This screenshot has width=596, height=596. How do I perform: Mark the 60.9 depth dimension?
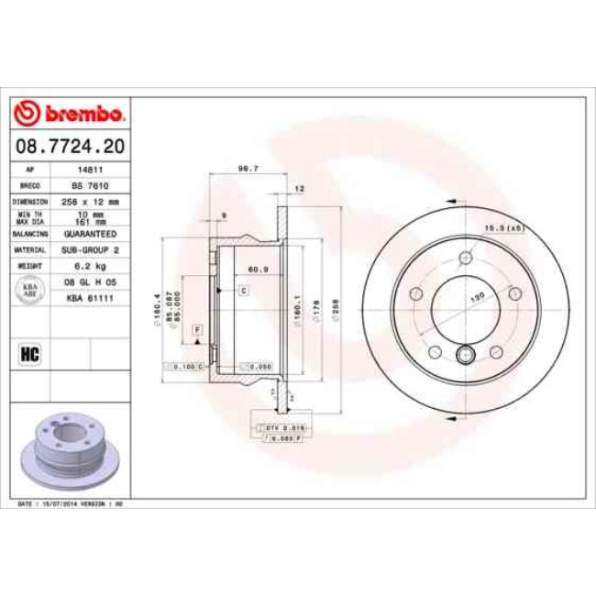(259, 270)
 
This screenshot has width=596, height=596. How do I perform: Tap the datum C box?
(245, 291)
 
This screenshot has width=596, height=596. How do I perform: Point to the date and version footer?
(66, 504)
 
